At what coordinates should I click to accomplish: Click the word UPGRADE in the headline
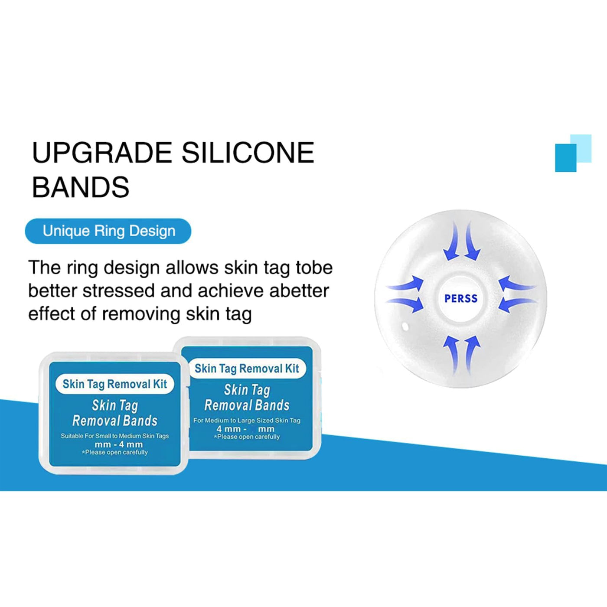point(102,153)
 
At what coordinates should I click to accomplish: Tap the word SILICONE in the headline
point(248,153)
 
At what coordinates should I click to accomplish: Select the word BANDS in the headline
point(81,187)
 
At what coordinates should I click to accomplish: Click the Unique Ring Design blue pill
point(108,231)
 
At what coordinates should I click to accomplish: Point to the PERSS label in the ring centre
point(461,298)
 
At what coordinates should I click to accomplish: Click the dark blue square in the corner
point(565,158)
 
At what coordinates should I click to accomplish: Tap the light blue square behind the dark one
point(581,148)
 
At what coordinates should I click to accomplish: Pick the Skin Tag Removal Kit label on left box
point(114,384)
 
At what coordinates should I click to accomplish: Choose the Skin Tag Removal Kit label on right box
point(247,368)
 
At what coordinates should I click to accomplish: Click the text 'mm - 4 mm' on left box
point(119,444)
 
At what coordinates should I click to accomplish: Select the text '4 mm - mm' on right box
point(245,429)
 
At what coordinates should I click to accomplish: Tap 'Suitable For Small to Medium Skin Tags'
point(114,436)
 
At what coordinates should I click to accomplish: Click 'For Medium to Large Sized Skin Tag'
point(247,420)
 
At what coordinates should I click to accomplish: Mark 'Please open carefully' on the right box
point(247,437)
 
